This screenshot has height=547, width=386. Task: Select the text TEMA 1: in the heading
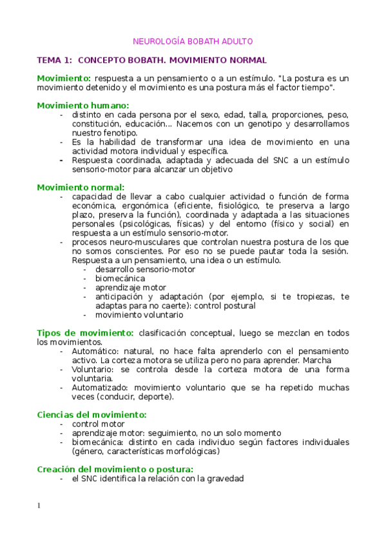click(x=55, y=60)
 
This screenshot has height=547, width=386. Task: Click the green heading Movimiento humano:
click(x=83, y=105)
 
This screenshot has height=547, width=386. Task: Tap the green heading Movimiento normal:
click(x=81, y=187)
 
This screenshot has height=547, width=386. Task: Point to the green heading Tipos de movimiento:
click(x=86, y=333)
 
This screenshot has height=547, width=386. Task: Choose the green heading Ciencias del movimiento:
click(x=92, y=415)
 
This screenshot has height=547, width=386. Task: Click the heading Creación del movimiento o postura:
click(x=115, y=470)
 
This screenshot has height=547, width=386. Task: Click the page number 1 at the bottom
click(x=39, y=505)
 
